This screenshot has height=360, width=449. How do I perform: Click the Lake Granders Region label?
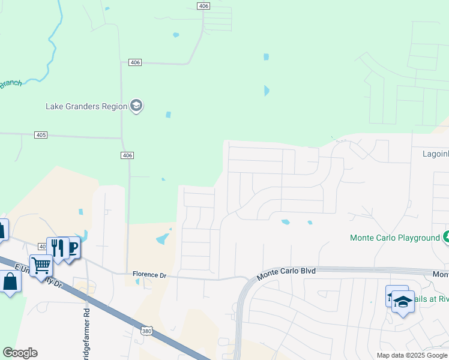(x=86, y=106)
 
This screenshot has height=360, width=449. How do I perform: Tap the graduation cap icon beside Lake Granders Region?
(x=136, y=106)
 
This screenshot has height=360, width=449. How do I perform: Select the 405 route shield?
(x=41, y=135)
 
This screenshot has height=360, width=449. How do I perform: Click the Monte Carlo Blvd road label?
(x=286, y=274)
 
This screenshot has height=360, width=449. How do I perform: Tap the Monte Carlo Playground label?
(x=395, y=238)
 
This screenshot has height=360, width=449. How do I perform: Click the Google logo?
(x=20, y=353)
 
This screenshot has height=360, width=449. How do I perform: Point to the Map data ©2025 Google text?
(x=412, y=355)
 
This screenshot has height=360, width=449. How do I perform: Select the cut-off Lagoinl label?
(x=432, y=154)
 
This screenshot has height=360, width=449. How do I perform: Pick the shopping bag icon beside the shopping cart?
(x=11, y=281)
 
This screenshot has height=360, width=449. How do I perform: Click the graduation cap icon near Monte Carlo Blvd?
(x=403, y=302)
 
